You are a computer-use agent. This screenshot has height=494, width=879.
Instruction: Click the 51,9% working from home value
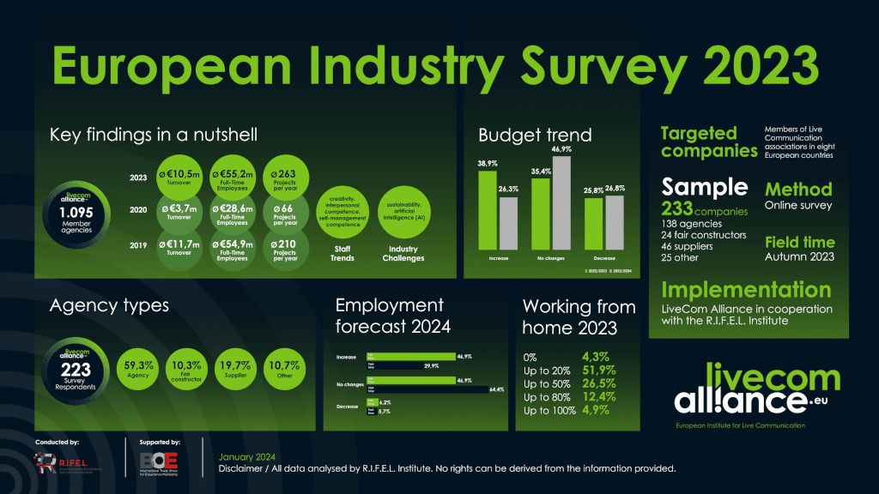pos(599,370)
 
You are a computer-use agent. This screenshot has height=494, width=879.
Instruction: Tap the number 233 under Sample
pos(677,208)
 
